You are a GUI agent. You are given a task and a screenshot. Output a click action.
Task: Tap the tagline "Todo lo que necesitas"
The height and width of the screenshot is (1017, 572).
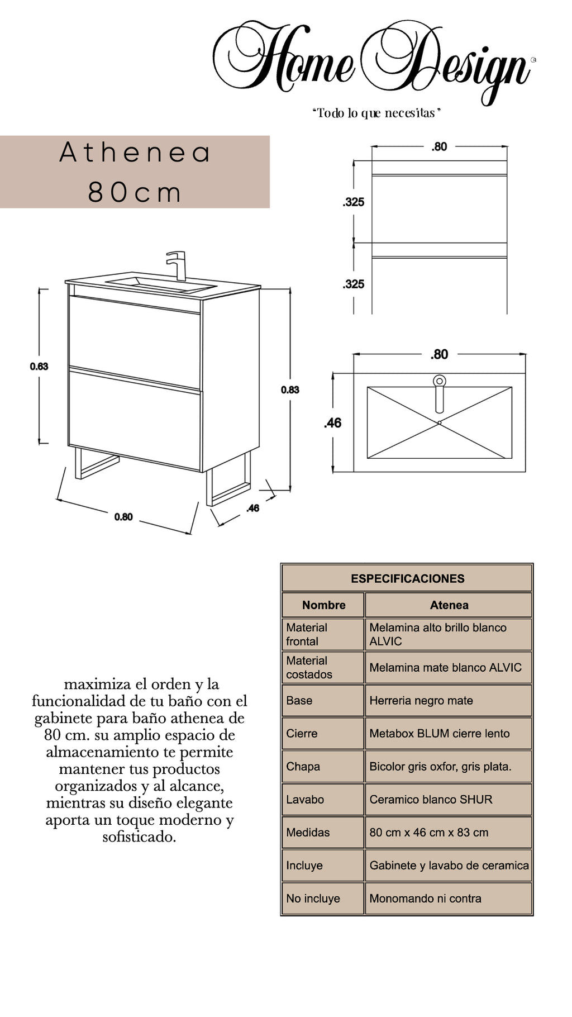376,113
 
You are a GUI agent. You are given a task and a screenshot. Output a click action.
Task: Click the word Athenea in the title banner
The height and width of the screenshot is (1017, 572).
135,153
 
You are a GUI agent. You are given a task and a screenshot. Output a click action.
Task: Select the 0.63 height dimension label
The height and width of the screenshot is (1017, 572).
39,367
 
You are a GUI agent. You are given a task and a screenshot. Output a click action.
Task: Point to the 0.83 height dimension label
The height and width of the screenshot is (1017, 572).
290,390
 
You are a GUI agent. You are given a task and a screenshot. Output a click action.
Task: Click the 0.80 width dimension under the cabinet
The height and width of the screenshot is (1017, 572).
123,517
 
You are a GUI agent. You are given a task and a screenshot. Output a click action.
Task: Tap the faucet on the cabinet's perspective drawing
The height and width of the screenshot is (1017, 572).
177,265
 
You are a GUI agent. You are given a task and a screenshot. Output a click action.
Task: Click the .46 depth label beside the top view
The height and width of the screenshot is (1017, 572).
332,423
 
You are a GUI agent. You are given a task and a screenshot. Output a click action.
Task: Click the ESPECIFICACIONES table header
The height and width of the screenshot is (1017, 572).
407,579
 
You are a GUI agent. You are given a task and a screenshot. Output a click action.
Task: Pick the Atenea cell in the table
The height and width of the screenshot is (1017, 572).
449,605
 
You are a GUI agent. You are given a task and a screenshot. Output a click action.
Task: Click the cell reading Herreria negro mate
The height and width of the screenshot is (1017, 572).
421,701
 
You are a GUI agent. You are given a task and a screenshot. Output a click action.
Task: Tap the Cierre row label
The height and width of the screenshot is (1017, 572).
302,734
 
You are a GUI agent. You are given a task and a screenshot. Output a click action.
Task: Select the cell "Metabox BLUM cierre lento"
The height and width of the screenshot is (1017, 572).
439,734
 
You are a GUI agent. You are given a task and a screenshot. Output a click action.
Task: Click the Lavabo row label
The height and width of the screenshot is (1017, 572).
305,800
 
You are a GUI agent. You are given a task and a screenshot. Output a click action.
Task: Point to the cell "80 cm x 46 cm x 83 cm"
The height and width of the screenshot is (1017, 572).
428,833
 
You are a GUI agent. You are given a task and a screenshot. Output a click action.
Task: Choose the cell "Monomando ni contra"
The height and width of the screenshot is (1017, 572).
425,899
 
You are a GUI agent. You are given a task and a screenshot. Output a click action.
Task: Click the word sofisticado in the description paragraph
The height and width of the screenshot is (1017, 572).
139,837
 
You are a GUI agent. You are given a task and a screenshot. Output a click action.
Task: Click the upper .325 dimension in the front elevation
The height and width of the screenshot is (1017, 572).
354,202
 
